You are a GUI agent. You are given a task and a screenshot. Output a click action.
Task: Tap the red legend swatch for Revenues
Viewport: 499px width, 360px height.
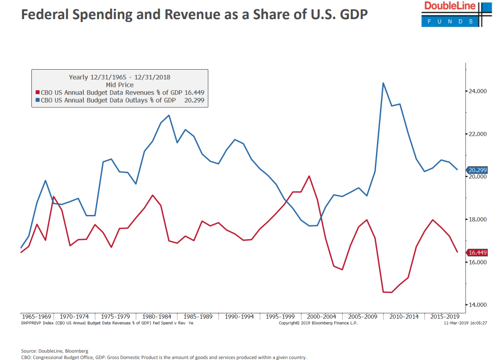tap(37, 92)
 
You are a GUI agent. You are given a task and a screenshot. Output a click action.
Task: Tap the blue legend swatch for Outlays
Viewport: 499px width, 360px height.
tap(37, 100)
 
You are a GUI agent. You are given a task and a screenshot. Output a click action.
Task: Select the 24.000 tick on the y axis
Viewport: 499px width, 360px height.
tap(477, 91)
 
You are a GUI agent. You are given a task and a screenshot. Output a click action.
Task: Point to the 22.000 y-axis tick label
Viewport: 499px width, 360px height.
tap(477, 134)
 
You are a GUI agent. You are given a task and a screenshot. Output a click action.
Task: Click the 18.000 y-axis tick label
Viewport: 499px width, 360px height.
tap(477, 219)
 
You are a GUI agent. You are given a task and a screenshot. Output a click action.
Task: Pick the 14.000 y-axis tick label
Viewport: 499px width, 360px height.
tap(477, 305)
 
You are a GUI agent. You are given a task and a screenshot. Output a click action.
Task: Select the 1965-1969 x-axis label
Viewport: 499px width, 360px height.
tap(36, 316)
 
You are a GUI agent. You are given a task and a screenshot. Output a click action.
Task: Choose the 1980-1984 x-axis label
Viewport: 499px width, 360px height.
tap(157, 316)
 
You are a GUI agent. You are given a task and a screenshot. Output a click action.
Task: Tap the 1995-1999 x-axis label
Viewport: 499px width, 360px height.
tap(280, 316)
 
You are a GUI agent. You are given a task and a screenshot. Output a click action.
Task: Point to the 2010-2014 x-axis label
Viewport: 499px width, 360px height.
tap(404, 316)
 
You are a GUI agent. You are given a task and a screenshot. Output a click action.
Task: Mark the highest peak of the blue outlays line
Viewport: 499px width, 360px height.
tap(383, 83)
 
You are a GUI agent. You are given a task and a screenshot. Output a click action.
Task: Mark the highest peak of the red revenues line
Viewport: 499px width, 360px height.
tap(309, 176)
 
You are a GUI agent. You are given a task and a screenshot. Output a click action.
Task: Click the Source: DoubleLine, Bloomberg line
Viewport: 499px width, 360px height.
tap(55, 351)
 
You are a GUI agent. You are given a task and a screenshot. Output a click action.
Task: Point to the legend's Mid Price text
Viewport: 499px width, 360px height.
tap(120, 85)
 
